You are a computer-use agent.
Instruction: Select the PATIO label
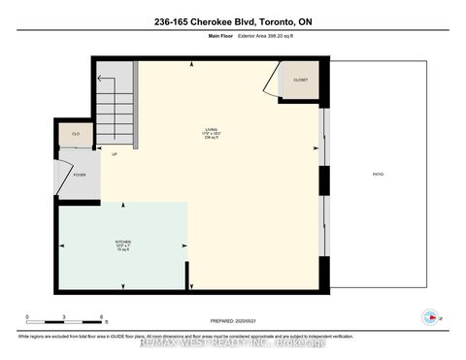pos(378,174)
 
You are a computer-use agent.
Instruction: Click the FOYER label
pos(79,176)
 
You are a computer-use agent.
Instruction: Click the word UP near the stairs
pos(114,154)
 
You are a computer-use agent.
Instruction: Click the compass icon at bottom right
pos(427,315)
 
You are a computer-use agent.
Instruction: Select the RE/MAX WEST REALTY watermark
pos(233,342)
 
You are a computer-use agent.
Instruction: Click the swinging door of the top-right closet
pos(270,87)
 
